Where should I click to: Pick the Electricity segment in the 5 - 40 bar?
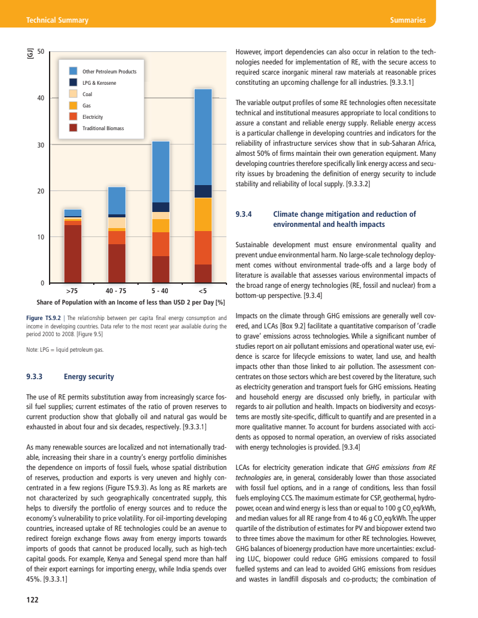pyautogui.click(x=160, y=244)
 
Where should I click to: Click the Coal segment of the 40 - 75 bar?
pyautogui.click(x=117, y=222)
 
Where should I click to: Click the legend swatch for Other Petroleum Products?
pyautogui.click(x=73, y=71)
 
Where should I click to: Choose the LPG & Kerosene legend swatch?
pyautogui.click(x=73, y=82)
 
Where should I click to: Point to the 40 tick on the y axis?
pyautogui.click(x=41, y=97)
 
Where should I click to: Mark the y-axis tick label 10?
pyautogui.click(x=41, y=237)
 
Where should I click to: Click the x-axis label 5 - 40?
pyautogui.click(x=160, y=291)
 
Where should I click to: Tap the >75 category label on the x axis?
pyautogui.click(x=72, y=291)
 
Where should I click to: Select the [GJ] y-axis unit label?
pyautogui.click(x=29, y=54)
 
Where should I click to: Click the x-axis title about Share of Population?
pyautogui.click(x=130, y=302)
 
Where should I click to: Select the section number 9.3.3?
pyautogui.click(x=37, y=377)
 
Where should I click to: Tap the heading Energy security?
pyautogui.click(x=88, y=377)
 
